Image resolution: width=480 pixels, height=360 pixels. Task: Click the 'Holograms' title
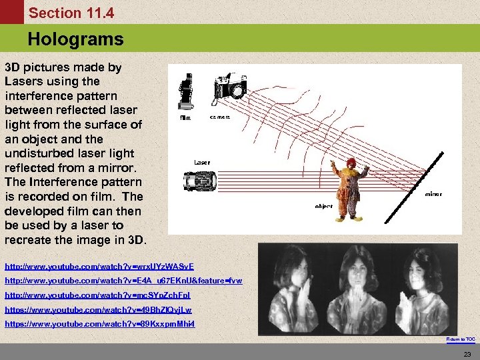tap(75, 39)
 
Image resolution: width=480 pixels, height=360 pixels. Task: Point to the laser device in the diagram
tap(200, 181)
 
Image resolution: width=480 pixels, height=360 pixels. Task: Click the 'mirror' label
tap(433, 195)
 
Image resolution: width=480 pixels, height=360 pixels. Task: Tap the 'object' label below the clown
tap(324, 207)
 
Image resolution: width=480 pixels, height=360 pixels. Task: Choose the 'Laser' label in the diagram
tap(202, 162)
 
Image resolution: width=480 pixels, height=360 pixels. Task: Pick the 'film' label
tap(185, 118)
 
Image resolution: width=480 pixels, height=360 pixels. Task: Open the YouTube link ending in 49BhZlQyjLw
tap(98, 309)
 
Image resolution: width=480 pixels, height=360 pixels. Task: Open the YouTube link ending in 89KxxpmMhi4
tap(99, 323)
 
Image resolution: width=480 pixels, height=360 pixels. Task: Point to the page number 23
tap(467, 353)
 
